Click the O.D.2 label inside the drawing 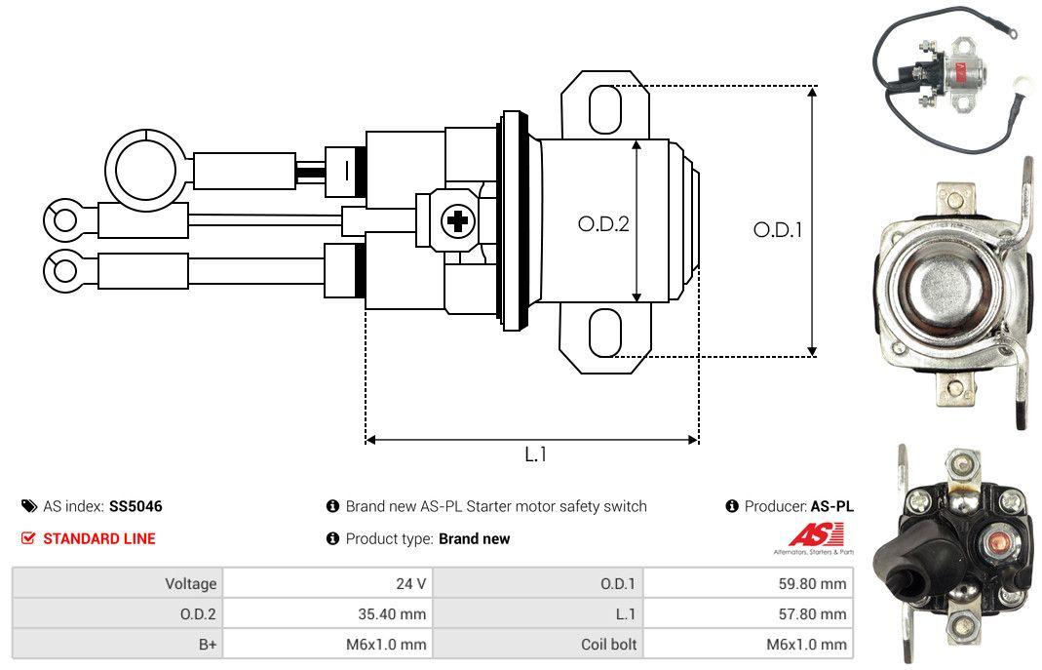603,223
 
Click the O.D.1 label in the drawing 778,230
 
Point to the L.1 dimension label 535,453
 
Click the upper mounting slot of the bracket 604,108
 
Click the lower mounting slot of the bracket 604,333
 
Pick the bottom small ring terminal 65,269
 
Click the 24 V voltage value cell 328,583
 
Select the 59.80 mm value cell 749,583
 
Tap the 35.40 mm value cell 328,613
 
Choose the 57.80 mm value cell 749,613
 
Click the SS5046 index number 135,506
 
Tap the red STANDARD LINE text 98,538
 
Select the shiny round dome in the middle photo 944,290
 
